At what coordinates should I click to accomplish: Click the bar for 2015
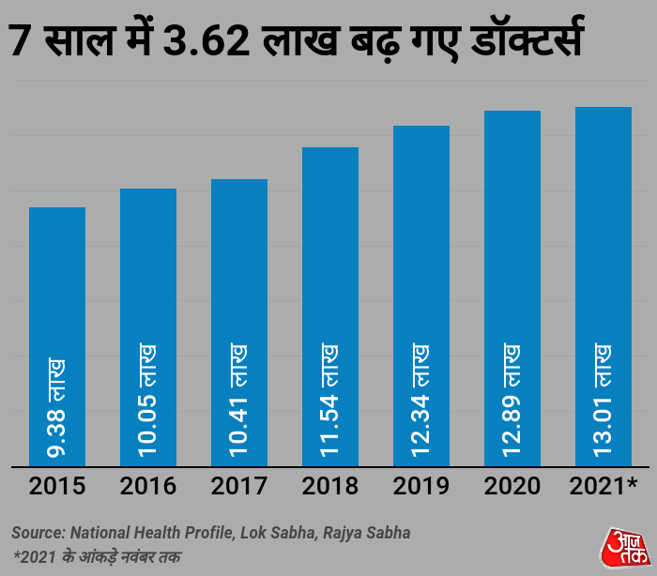(x=57, y=281)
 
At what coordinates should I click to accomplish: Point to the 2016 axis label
(x=148, y=486)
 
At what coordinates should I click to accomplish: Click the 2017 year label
(x=239, y=486)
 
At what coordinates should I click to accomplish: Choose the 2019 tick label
(x=421, y=486)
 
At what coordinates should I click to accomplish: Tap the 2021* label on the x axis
(x=604, y=486)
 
